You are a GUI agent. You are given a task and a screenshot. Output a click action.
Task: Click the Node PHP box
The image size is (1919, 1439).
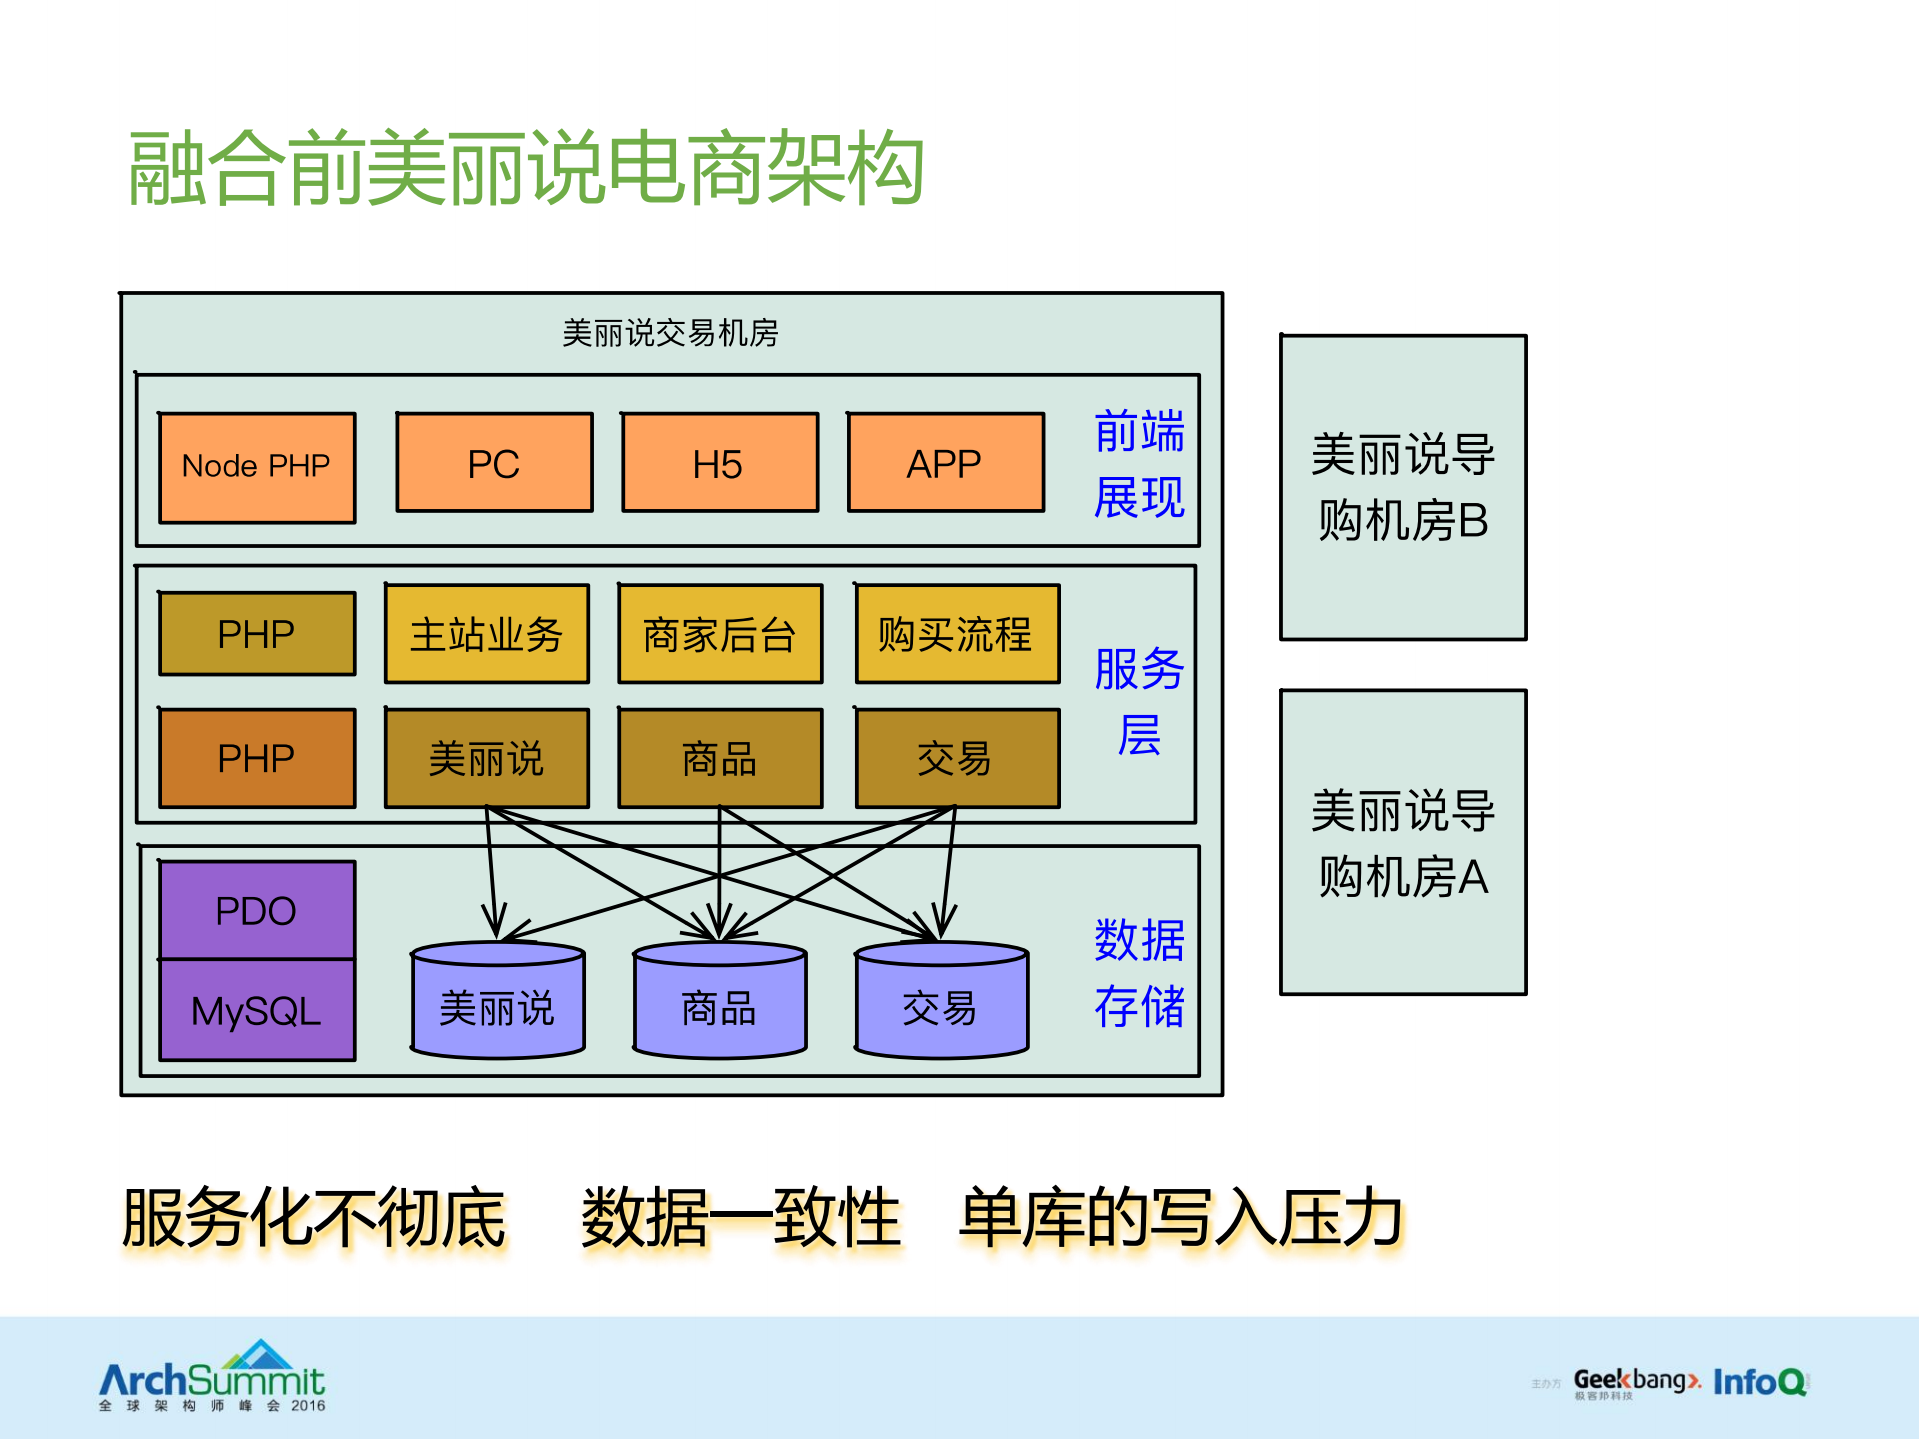[x=257, y=466]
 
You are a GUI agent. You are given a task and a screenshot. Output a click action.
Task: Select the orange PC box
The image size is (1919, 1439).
[x=494, y=463]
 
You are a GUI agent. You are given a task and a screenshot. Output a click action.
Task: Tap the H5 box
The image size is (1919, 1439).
[x=719, y=463]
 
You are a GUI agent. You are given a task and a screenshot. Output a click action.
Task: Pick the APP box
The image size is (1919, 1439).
[x=945, y=463]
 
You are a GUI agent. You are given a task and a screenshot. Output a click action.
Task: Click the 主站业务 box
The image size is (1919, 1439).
[x=487, y=634]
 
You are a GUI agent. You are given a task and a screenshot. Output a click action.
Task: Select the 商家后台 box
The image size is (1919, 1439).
[x=720, y=634]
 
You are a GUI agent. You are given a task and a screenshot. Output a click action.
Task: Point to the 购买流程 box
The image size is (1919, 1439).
[x=957, y=634]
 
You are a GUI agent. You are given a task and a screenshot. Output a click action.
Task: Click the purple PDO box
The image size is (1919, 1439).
[x=257, y=910]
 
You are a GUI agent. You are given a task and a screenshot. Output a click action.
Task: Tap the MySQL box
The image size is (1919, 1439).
[x=257, y=1010]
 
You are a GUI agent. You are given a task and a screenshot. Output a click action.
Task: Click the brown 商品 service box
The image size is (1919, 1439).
[x=720, y=758]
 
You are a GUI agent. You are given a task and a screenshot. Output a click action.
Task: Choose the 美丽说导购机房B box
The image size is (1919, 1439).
[x=1403, y=487]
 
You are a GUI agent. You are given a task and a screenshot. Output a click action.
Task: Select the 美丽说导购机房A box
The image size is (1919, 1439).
[x=1403, y=842]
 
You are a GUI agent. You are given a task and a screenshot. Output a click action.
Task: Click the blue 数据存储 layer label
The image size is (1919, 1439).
[x=1139, y=972]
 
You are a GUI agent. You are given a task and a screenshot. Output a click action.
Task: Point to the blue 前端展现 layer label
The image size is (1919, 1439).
[x=1139, y=463]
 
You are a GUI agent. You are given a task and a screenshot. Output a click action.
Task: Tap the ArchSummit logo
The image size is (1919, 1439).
[x=212, y=1378]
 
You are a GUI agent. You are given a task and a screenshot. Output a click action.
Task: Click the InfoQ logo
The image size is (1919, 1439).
[x=1759, y=1381]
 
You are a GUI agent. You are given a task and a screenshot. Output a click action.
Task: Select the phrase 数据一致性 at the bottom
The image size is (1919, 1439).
[x=741, y=1218]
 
